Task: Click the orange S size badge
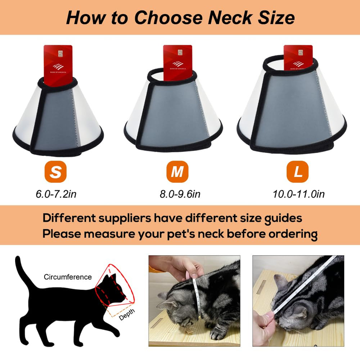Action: click(55, 172)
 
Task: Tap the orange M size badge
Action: click(177, 172)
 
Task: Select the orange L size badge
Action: click(297, 172)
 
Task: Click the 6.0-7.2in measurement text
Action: click(56, 194)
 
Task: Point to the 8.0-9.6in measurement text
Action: click(180, 194)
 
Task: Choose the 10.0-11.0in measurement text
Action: click(298, 194)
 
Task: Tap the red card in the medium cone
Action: click(177, 61)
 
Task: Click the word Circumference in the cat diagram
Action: click(68, 277)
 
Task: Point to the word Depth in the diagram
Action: click(127, 316)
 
